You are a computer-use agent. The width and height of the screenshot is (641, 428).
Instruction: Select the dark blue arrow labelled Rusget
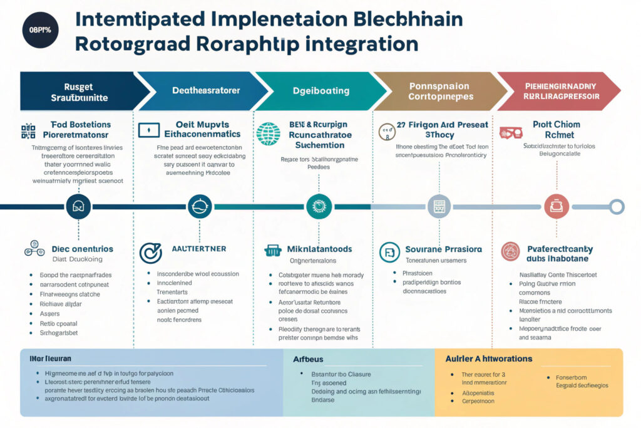tap(79, 91)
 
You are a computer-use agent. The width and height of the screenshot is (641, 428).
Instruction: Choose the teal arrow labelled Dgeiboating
tap(321, 91)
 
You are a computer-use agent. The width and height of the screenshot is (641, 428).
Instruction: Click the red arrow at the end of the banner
tap(561, 91)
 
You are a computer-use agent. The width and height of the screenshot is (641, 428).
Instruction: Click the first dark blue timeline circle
tap(79, 206)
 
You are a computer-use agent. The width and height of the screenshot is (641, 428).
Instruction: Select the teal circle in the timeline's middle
tap(319, 206)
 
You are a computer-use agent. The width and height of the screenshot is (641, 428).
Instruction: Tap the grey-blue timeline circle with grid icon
tap(439, 206)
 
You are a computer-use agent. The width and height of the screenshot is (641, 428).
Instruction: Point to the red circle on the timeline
tap(556, 206)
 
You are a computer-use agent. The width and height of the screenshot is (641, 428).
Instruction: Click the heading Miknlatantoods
tap(319, 249)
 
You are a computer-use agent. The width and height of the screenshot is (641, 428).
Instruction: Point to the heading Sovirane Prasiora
tap(444, 249)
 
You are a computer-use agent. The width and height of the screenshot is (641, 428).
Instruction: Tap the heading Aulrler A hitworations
tap(488, 358)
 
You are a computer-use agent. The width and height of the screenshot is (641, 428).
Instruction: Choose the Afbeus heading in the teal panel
tap(308, 359)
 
